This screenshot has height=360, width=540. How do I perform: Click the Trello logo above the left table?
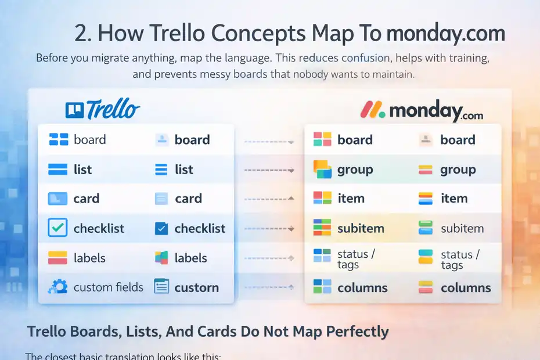click(x=103, y=109)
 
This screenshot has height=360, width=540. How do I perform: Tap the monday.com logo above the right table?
click(x=422, y=110)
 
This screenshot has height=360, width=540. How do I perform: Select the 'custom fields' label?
click(x=109, y=287)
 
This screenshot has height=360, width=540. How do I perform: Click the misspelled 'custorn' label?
click(x=197, y=287)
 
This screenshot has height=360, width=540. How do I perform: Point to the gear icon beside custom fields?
click(x=57, y=287)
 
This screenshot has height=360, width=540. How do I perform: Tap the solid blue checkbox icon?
click(x=161, y=229)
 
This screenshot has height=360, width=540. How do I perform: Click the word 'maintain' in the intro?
click(x=393, y=75)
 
